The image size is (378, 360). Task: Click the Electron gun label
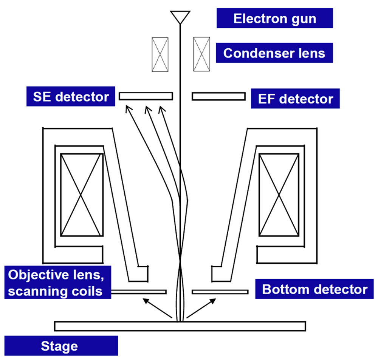coord(274,19)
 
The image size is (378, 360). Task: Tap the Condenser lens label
coord(274,53)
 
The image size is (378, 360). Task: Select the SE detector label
coord(68,97)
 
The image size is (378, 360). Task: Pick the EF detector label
coord(296,99)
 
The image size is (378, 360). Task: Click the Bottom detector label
coord(314,289)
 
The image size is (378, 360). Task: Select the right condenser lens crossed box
coord(201,54)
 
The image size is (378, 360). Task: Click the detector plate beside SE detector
coord(146,96)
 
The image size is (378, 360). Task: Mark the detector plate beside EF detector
coord(218,96)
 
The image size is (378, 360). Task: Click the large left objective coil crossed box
coord(82,195)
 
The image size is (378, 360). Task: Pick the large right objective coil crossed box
coord(279,195)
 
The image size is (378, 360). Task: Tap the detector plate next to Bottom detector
coord(220,292)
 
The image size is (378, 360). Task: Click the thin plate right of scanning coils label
coord(139,292)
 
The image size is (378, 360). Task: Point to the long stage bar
coord(180,326)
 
